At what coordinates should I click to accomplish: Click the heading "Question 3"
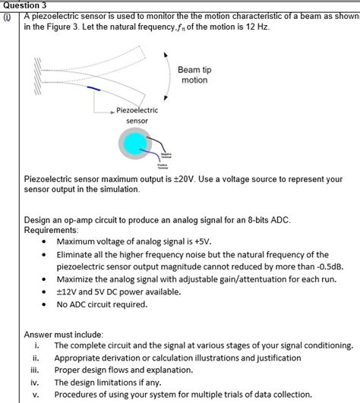[x=25, y=5]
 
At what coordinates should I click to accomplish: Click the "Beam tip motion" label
[x=194, y=74]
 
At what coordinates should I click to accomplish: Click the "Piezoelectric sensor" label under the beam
[x=137, y=115]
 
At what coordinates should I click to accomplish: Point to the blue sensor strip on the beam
[x=95, y=90]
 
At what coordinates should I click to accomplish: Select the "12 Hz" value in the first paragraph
[x=255, y=27]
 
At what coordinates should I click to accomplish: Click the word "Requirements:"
[x=50, y=229]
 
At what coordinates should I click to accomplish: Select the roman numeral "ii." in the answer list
[x=35, y=358]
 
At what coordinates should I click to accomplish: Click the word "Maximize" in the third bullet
[x=76, y=279]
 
